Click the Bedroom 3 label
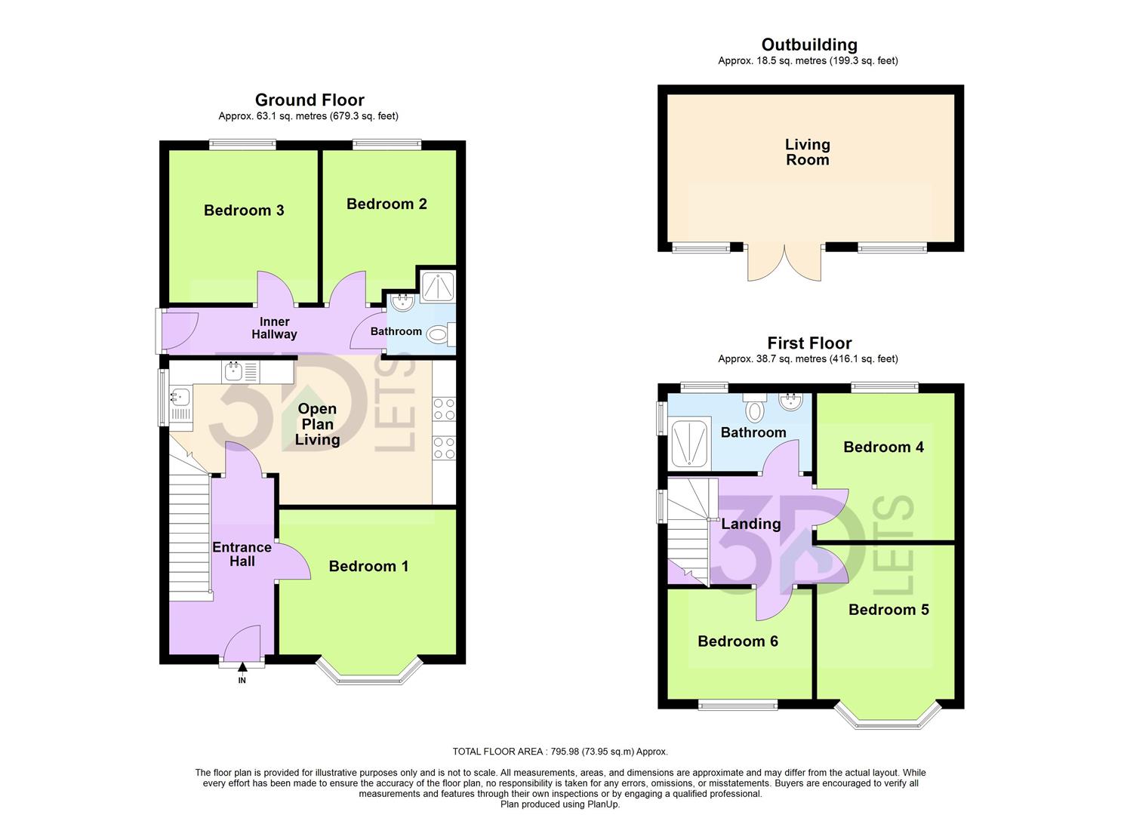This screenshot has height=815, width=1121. (x=244, y=211)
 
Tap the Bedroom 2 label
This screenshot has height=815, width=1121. (x=386, y=204)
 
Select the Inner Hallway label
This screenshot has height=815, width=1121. (x=274, y=328)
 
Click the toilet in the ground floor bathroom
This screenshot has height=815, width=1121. (x=439, y=333)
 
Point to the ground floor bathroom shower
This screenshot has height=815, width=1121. (x=436, y=286)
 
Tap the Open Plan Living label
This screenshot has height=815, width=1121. (x=317, y=424)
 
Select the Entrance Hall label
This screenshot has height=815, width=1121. (x=242, y=555)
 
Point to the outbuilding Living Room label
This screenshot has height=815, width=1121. (x=807, y=152)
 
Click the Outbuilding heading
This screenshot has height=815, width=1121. (x=809, y=45)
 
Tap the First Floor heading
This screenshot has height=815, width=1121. (x=809, y=343)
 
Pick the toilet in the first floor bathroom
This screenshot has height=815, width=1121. (x=754, y=408)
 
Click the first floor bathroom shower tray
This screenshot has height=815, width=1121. (x=689, y=442)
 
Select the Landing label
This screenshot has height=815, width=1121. (x=750, y=524)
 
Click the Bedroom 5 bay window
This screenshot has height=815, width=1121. (x=888, y=718)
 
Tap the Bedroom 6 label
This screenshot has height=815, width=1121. (x=738, y=641)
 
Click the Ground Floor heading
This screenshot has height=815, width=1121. (x=310, y=100)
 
